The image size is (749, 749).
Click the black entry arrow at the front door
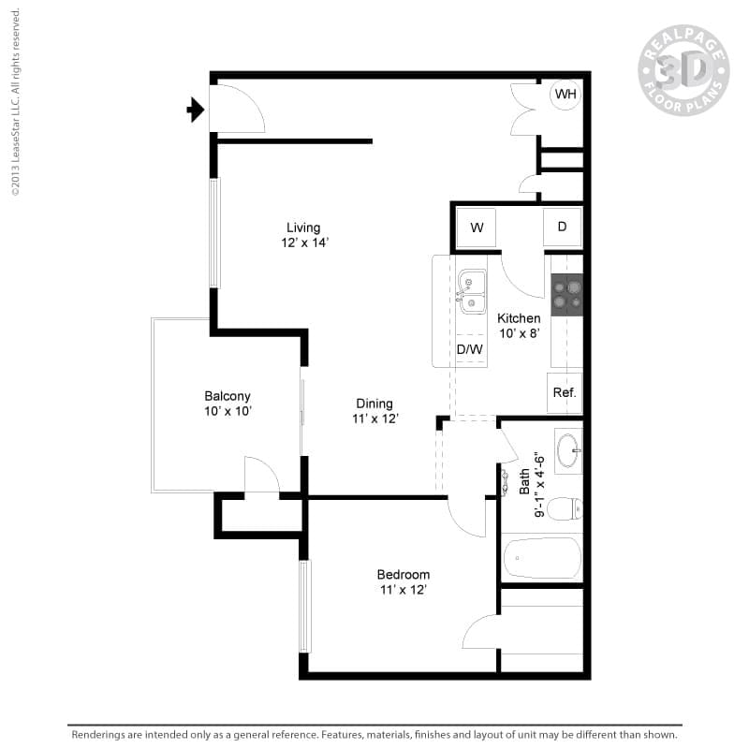tap(196, 110)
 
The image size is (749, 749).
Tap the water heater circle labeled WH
tap(565, 95)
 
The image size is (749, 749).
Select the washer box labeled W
tap(477, 228)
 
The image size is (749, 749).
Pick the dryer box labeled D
tap(562, 227)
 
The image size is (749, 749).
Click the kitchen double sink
tap(472, 291)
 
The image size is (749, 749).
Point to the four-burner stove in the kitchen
tap(566, 294)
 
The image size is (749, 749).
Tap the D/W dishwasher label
tap(470, 350)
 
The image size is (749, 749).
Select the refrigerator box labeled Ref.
tap(565, 392)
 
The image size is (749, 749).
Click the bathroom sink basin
tap(567, 451)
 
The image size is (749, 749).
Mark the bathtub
tap(542, 559)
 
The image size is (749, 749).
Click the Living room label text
tap(303, 228)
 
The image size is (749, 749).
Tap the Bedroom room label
tap(404, 575)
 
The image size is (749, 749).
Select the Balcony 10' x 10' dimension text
tap(228, 411)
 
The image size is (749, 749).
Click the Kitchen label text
tap(519, 318)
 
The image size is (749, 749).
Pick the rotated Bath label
tap(524, 482)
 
